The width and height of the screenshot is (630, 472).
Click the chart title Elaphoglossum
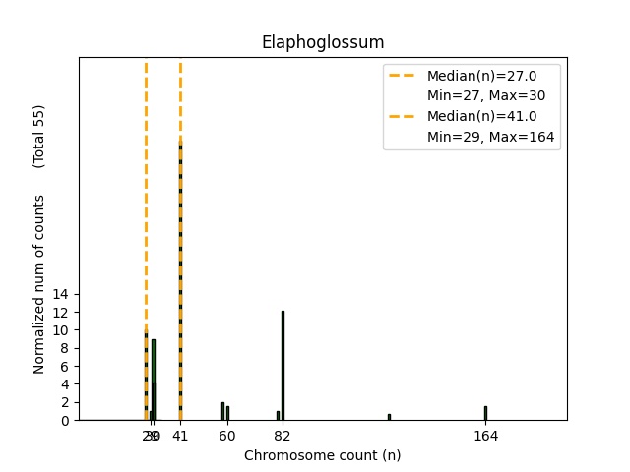click(x=322, y=42)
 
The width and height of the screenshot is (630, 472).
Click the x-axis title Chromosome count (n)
click(x=322, y=455)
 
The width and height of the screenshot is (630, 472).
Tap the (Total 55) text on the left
click(x=40, y=136)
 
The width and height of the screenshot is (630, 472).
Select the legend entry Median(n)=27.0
click(x=481, y=76)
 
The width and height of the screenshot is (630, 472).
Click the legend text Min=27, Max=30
click(x=485, y=96)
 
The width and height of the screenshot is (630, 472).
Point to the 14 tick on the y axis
click(x=61, y=294)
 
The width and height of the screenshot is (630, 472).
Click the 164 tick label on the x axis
click(x=485, y=436)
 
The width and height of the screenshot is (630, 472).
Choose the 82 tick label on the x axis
click(x=283, y=436)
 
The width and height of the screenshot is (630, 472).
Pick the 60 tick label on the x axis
click(x=227, y=436)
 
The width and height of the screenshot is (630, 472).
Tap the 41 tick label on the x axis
click(x=180, y=436)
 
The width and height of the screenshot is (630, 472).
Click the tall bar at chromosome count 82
click(x=283, y=366)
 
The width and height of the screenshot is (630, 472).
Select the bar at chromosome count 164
click(x=485, y=413)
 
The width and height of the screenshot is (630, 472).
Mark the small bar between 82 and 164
click(x=389, y=417)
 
